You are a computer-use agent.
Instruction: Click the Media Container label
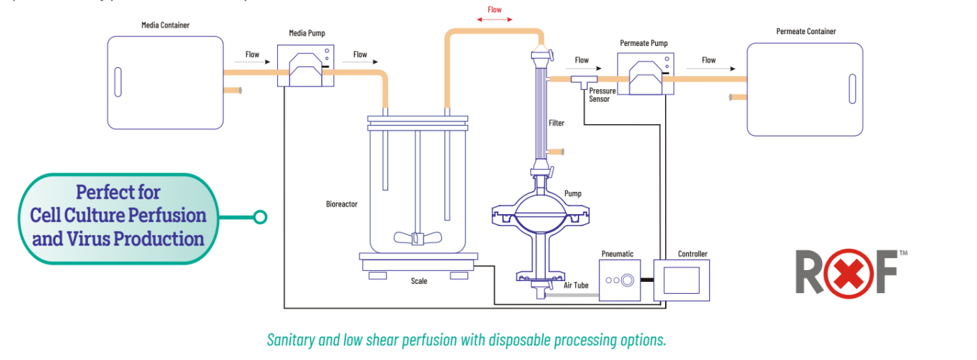click(x=165, y=25)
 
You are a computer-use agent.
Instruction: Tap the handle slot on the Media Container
click(x=117, y=82)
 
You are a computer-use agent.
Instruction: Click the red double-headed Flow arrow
click(x=495, y=20)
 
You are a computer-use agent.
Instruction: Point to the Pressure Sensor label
click(x=602, y=95)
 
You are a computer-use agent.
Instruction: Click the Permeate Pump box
click(x=644, y=75)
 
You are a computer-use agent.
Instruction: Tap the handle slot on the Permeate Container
click(x=852, y=89)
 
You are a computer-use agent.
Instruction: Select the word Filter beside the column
click(x=556, y=123)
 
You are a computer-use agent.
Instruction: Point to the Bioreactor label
click(x=342, y=204)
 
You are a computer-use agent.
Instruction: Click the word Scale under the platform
click(x=419, y=281)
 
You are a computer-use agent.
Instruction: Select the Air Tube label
click(x=576, y=285)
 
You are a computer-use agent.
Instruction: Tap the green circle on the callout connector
click(x=260, y=218)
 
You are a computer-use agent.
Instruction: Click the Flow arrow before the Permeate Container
click(x=709, y=68)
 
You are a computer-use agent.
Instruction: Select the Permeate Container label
click(x=806, y=31)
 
